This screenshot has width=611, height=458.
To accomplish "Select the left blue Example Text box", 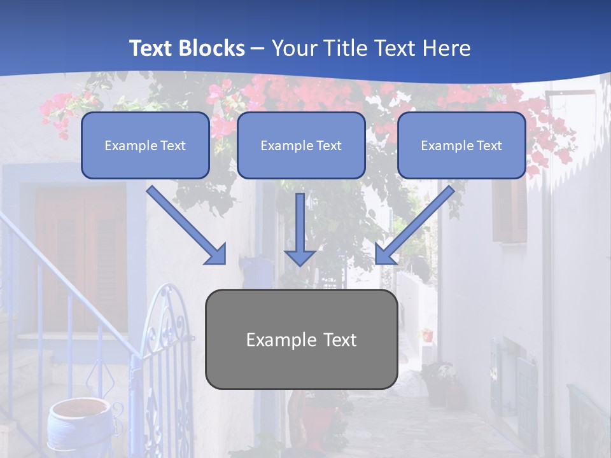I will [x=145, y=145].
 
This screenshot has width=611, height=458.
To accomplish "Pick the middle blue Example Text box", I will [x=301, y=145].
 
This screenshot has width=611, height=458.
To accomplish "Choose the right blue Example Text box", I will [x=461, y=145].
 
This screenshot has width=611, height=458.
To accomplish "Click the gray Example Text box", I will [x=301, y=339].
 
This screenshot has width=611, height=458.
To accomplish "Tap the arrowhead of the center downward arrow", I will [x=300, y=257].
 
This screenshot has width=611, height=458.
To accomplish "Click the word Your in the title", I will [x=292, y=48].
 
